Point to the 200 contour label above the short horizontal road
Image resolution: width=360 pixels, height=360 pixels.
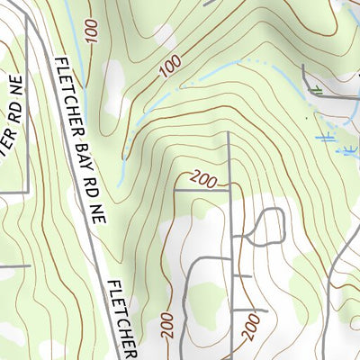pyautogui.click(x=204, y=179)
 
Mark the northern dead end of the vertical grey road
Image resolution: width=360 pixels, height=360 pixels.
pyautogui.click(x=229, y=134)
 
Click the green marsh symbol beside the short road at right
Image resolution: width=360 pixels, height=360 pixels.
pyautogui.click(x=316, y=89)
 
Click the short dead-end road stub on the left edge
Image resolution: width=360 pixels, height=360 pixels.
pyautogui.click(x=13, y=265)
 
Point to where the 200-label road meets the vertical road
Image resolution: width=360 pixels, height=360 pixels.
pyautogui.click(x=229, y=190)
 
